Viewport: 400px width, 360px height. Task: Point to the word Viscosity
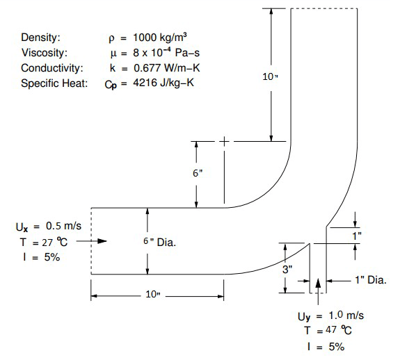(42, 53)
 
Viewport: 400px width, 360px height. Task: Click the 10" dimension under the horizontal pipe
(153, 295)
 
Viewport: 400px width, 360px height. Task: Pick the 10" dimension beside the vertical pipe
(271, 76)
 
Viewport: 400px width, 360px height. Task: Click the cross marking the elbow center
(225, 142)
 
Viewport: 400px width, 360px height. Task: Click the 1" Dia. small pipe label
(371, 281)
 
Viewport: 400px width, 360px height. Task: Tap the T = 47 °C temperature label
(329, 332)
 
